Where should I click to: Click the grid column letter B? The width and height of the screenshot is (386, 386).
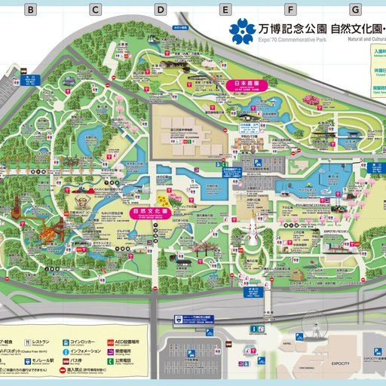coord(31,10)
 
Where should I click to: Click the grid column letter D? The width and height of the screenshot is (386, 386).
coord(161,10)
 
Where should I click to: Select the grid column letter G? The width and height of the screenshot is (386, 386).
coord(355,10)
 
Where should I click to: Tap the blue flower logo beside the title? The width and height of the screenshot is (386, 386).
coord(243,31)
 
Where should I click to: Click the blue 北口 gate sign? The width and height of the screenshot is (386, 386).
coord(31,78)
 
